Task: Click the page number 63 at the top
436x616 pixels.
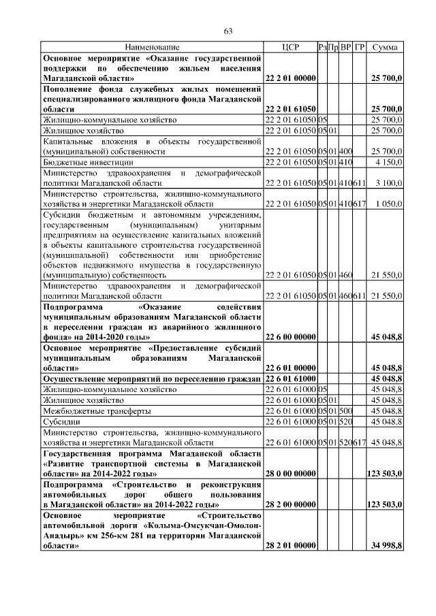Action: [x=228, y=31]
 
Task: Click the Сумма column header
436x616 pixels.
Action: [x=386, y=47]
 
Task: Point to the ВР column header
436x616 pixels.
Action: [x=346, y=47]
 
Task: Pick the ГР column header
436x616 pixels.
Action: [x=360, y=47]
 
